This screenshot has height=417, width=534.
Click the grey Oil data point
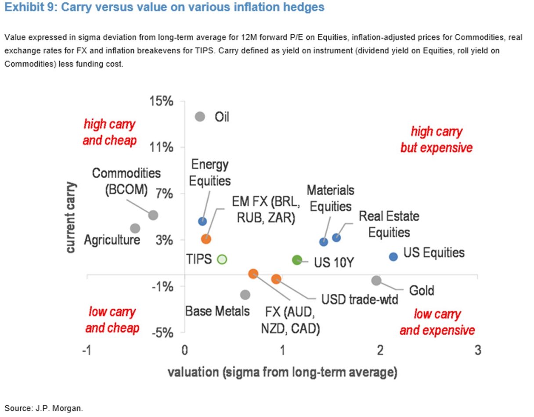pos(200,117)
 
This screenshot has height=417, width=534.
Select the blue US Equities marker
pos(393,256)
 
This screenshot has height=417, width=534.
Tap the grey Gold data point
pos(376,281)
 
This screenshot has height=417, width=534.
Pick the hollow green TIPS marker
pos(222,259)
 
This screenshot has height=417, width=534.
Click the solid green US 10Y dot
pos(297,260)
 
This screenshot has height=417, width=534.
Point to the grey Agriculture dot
pos(135,228)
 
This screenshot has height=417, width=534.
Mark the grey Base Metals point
pos(245,295)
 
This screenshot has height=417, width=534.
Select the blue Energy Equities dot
pos(202,221)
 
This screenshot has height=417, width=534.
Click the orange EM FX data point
pos(206,239)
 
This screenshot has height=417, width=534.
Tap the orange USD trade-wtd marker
pos(276,279)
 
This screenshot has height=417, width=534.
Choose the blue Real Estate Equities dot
pos(336,238)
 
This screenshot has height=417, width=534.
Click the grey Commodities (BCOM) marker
pos(153,215)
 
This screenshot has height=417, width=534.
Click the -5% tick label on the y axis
pos(162,333)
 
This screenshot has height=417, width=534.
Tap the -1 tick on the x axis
pos(87,351)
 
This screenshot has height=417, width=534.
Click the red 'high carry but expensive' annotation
pos(436,140)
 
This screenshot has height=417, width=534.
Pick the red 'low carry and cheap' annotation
pos(112,320)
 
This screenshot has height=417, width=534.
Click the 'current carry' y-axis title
pos(70,218)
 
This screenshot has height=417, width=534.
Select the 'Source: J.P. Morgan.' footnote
pos(43,408)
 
